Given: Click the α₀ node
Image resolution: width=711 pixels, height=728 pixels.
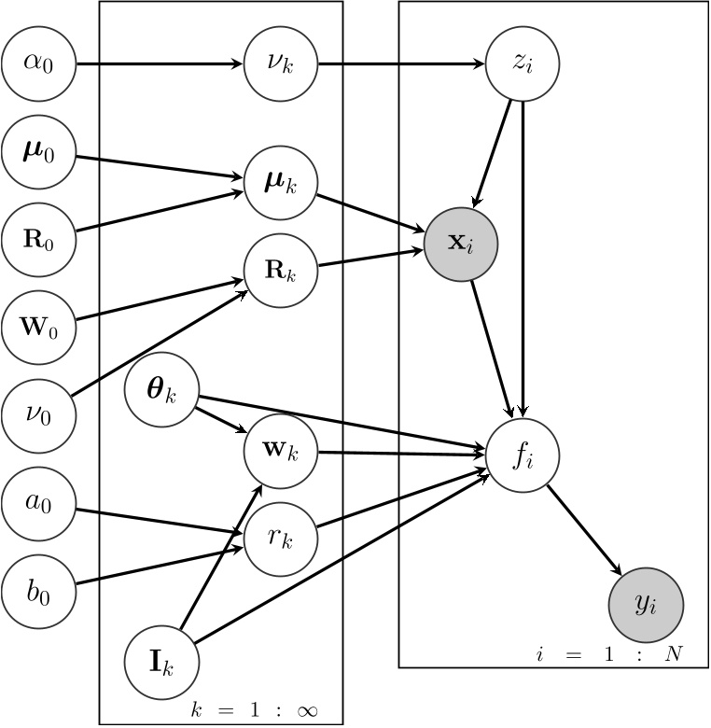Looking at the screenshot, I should pos(38,64).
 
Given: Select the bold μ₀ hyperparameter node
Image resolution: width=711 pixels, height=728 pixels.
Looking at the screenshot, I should pos(38,150).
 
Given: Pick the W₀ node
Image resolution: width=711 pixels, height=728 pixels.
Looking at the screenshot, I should pos(38,326).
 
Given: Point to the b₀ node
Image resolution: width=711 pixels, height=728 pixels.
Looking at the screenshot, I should pos(38,591).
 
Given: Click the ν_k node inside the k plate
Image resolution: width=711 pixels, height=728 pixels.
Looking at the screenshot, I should pos(281,64).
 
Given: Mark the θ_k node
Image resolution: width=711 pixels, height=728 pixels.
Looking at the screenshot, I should pos(161,391).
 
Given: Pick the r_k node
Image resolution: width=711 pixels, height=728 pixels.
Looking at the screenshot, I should pos(281,539).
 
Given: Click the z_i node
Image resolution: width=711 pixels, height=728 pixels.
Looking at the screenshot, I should pos(523,64).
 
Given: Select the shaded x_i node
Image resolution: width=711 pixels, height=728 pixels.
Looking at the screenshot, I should pos(461,244).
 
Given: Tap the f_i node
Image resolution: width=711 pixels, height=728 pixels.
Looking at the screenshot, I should pos(523,456).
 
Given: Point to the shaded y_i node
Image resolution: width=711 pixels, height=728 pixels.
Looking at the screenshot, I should pos(646,603).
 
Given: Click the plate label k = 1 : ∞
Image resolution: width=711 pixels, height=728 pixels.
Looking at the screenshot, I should pos(254,710).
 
